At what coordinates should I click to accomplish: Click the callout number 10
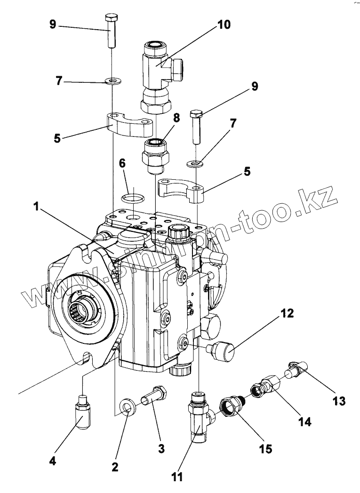(224, 24)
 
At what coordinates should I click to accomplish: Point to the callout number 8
(176, 118)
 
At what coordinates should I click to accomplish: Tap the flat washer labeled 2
(128, 406)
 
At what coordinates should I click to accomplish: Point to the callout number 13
(339, 401)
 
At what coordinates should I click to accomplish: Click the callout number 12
(288, 313)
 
